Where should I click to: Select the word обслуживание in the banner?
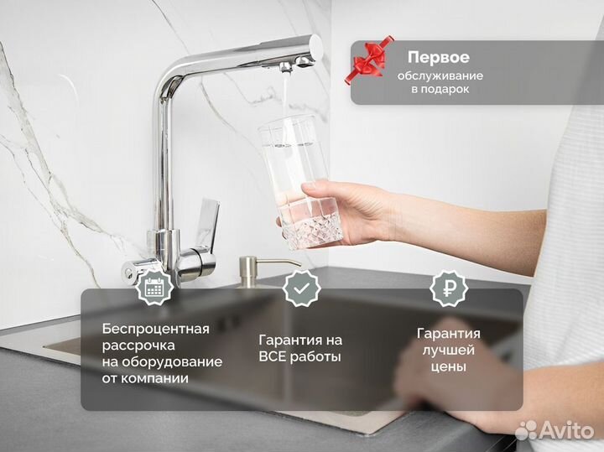440,75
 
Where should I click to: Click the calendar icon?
154,288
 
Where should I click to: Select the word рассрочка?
138,345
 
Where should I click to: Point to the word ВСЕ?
277,356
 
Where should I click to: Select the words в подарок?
440,90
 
